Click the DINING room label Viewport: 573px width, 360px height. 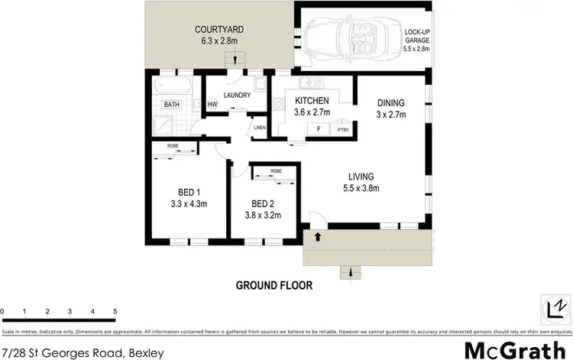[390, 102]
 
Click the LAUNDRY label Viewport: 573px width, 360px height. [238, 96]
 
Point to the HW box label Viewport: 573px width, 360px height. [212, 105]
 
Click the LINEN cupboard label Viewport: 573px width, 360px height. [260, 127]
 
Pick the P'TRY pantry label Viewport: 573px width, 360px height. [343, 130]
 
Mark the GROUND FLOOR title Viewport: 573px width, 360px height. [273, 285]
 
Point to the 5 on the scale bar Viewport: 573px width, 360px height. [115, 311]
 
